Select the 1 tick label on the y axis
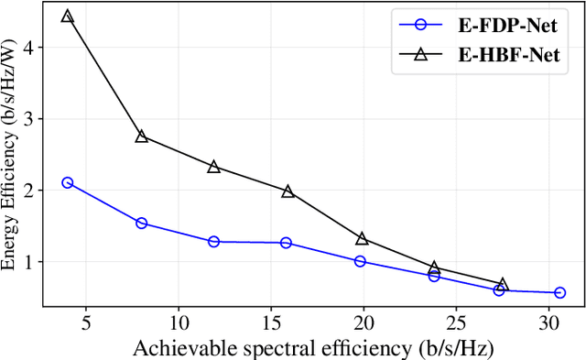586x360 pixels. coord(28,262)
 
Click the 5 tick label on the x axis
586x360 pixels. coord(85,323)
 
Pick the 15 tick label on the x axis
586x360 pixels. coord(271,323)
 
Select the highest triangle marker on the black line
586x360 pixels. coord(67,16)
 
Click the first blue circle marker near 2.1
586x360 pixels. coord(67,183)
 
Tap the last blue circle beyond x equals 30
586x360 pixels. coord(559,293)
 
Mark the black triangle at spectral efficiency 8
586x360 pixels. coord(141,136)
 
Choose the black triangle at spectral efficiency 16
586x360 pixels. coord(288,191)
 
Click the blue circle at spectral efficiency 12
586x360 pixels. coord(213,242)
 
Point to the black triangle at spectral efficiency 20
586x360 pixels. coord(362,238)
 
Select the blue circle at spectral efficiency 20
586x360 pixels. coord(360,261)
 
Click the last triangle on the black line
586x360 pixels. coord(502,284)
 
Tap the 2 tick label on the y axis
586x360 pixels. coord(28,191)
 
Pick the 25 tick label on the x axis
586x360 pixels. coord(457,323)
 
